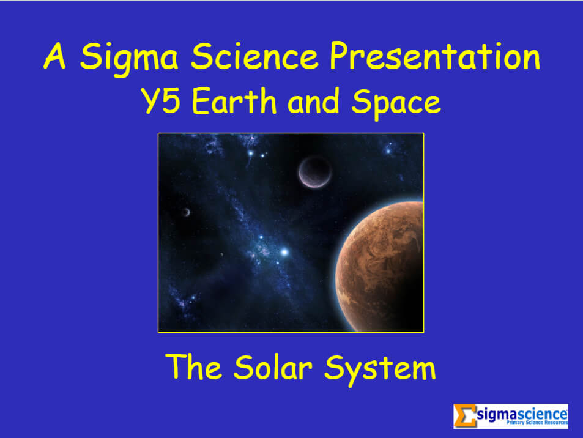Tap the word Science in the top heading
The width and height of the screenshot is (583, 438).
(255, 57)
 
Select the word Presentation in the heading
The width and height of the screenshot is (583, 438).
(434, 57)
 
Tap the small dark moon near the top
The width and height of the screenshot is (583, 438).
(315, 172)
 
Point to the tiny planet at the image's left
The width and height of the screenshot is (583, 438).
(185, 212)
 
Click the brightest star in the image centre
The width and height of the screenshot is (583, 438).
(284, 251)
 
